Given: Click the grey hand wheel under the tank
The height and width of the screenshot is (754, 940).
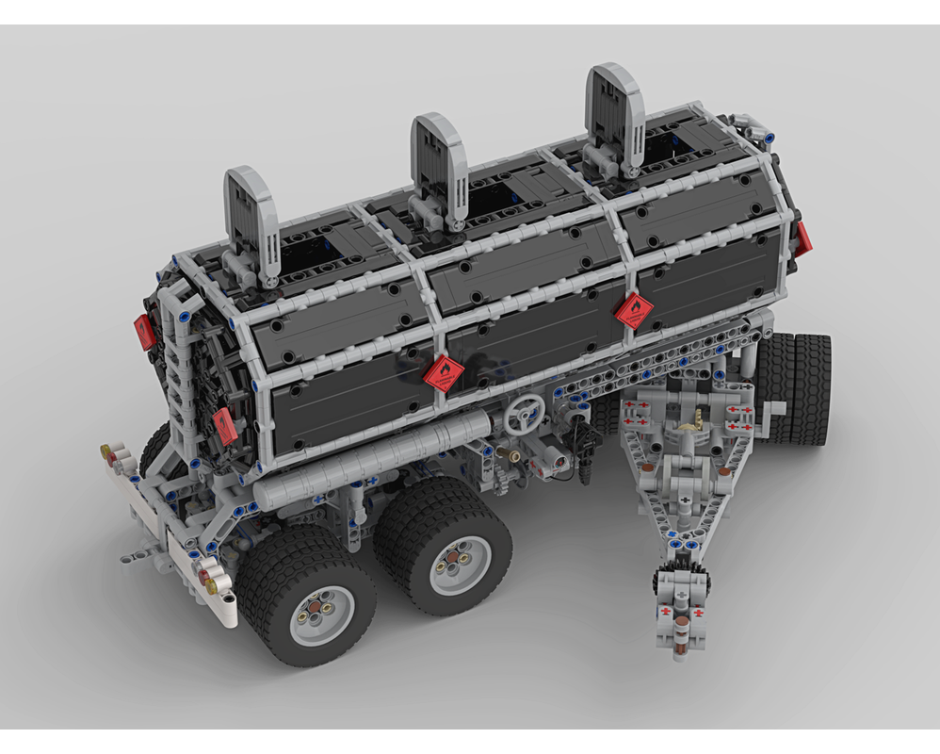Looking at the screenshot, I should click(524, 413).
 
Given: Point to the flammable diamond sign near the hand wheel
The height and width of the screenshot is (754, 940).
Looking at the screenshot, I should click(443, 373).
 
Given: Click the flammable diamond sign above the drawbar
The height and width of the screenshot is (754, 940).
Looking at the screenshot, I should click(634, 310).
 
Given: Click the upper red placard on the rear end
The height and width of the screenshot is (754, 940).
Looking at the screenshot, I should click(144, 331).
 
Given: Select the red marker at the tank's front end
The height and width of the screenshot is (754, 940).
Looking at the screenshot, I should click(803, 238).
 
